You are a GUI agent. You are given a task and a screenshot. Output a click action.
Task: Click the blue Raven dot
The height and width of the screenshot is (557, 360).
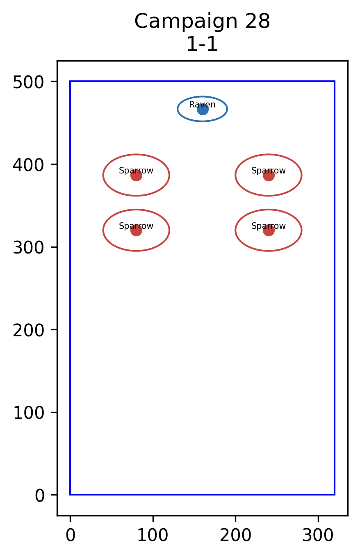(x=203, y=110)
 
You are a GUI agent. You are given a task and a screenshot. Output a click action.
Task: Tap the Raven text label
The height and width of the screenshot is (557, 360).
(x=202, y=105)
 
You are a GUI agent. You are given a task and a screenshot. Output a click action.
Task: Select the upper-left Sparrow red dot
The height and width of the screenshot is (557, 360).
(x=136, y=176)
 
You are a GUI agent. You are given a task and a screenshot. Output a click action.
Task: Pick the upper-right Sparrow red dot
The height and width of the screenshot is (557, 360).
(x=269, y=176)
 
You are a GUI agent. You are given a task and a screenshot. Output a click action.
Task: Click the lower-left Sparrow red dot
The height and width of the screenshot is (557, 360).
(x=136, y=231)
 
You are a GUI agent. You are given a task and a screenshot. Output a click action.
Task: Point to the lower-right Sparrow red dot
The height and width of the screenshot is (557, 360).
(x=269, y=231)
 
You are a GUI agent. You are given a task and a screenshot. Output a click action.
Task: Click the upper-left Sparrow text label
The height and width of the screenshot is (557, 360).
(x=136, y=171)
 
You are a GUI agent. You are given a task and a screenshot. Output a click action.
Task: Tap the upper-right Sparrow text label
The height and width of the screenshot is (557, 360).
(x=269, y=171)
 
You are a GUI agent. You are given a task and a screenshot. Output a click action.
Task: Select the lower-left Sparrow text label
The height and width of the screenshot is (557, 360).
(x=136, y=226)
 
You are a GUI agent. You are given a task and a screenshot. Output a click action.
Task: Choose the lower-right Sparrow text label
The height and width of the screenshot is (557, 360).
(x=269, y=226)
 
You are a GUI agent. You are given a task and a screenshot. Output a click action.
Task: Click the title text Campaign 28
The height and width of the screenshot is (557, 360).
(x=202, y=22)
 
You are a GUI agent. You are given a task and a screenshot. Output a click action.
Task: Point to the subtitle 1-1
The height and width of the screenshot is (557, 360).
(x=202, y=44)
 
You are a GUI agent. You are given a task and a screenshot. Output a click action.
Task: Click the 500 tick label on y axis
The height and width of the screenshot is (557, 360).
(x=29, y=82)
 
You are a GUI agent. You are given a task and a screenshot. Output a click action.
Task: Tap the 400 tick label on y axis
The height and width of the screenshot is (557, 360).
(x=29, y=165)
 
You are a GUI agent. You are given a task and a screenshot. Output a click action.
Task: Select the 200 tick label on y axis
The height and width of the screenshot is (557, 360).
(x=29, y=331)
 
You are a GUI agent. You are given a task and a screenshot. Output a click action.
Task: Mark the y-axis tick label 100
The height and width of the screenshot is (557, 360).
(x=29, y=413)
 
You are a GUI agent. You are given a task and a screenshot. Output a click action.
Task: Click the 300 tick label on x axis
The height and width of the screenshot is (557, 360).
(x=318, y=535)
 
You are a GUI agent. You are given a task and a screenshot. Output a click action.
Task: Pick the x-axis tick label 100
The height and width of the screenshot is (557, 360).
(x=153, y=535)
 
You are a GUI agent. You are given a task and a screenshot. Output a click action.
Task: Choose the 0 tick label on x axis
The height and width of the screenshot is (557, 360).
(x=71, y=535)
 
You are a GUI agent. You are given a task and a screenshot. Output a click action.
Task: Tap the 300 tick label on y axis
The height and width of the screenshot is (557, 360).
(x=29, y=248)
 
